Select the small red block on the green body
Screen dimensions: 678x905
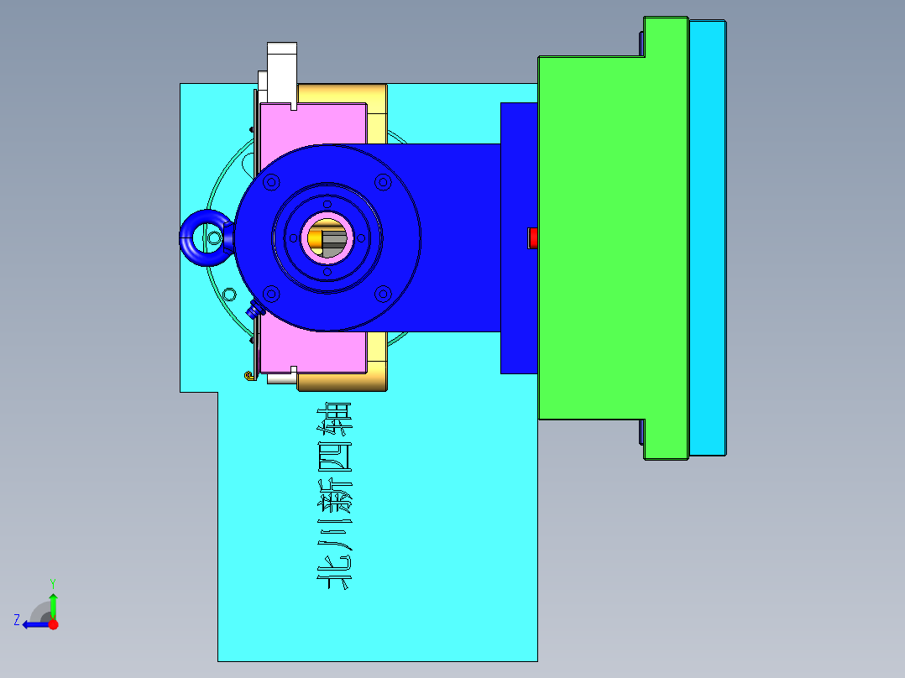coord(531,238)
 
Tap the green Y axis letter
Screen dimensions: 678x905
coord(52,582)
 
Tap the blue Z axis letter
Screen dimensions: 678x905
coord(16,619)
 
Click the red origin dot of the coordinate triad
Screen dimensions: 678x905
coord(53,623)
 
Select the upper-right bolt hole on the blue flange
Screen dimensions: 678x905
coord(383,181)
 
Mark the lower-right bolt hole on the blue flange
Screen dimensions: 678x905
coord(383,293)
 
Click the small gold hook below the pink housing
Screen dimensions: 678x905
coord(248,375)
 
